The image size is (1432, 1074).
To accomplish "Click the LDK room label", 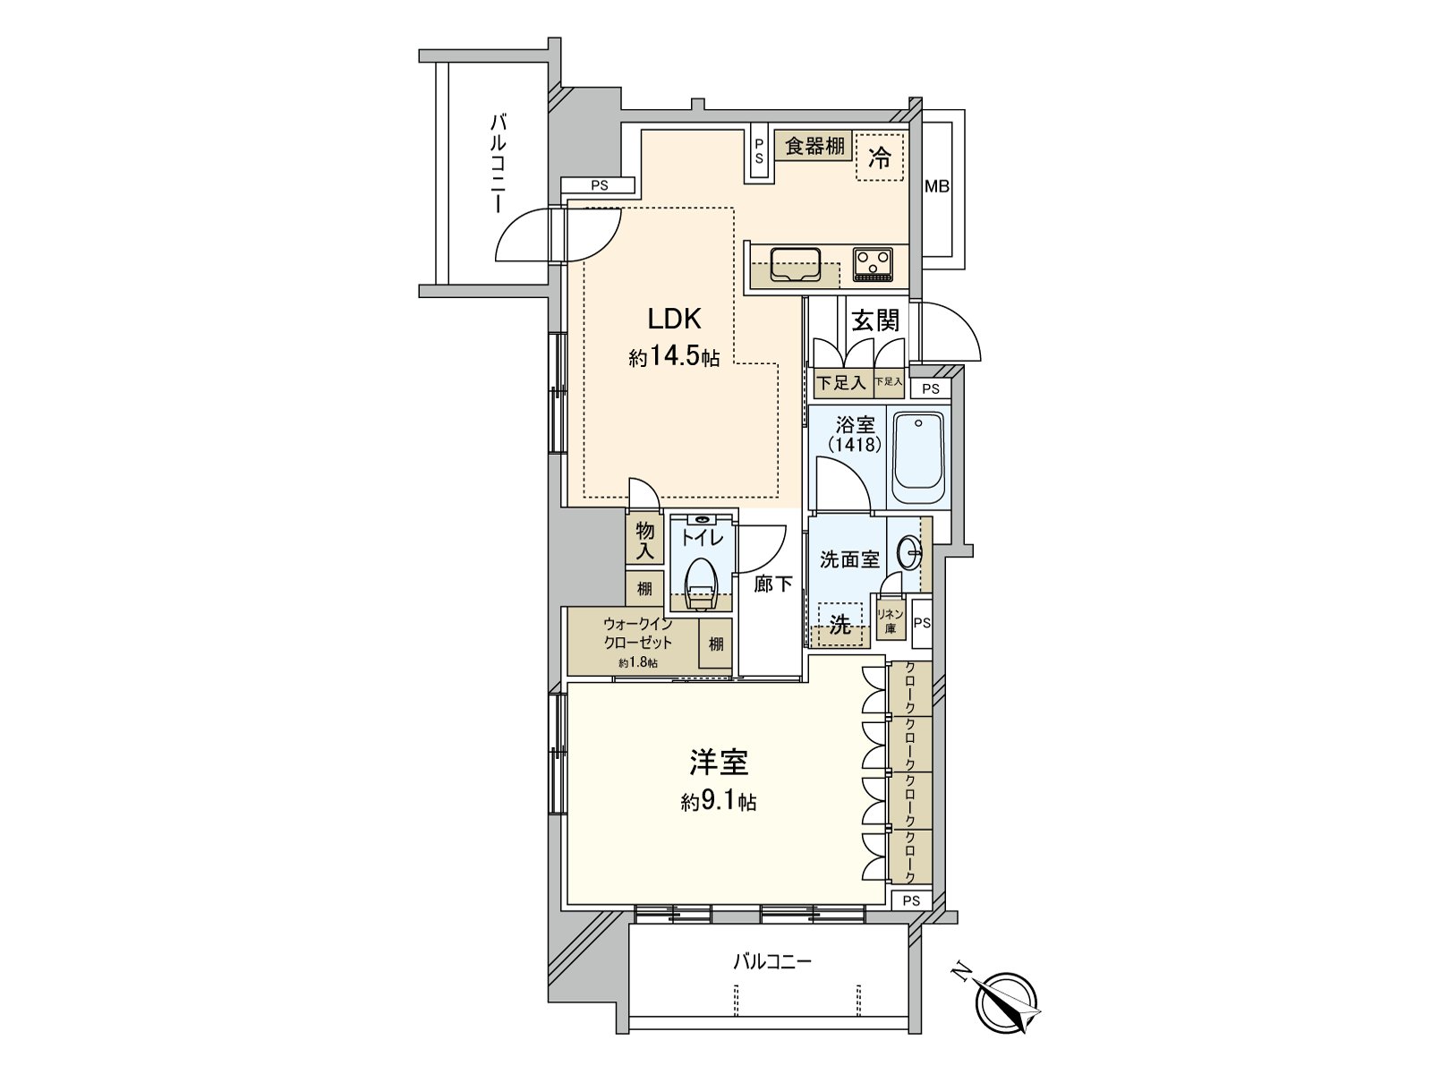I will [674, 319].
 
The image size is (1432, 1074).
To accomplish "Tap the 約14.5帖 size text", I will [674, 358].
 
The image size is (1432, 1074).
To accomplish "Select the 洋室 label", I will [718, 763].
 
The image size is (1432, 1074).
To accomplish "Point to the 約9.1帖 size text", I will [718, 802].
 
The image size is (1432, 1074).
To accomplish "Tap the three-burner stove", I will [873, 264].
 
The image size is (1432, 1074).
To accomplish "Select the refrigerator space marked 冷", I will [880, 158].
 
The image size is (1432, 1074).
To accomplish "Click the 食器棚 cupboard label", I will [814, 146].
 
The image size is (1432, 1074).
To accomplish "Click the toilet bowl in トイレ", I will [701, 582].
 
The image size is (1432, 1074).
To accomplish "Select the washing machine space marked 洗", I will [840, 625].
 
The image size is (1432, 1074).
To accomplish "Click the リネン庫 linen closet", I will [891, 620].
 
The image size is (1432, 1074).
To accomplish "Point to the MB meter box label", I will [937, 187].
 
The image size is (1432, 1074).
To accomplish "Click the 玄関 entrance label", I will [874, 320].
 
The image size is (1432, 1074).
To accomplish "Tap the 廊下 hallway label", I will [772, 584].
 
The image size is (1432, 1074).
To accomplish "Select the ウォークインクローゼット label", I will [637, 634].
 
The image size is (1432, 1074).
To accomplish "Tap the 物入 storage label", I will [644, 541].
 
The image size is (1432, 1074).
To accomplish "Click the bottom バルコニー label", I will [771, 962].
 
